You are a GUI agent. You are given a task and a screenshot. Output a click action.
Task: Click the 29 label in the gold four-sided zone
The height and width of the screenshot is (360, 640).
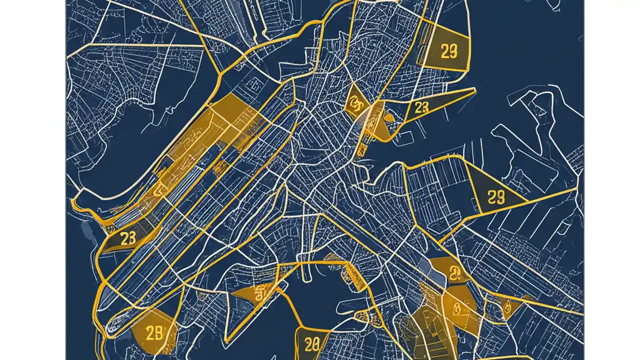click(449, 51)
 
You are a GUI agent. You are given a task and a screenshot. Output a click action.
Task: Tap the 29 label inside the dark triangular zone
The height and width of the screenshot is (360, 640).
click(495, 197)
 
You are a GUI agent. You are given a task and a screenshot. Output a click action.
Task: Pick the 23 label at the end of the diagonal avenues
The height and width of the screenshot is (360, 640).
click(128, 238)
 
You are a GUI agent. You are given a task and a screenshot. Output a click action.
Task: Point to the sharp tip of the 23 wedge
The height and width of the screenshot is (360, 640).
click(474, 89)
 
